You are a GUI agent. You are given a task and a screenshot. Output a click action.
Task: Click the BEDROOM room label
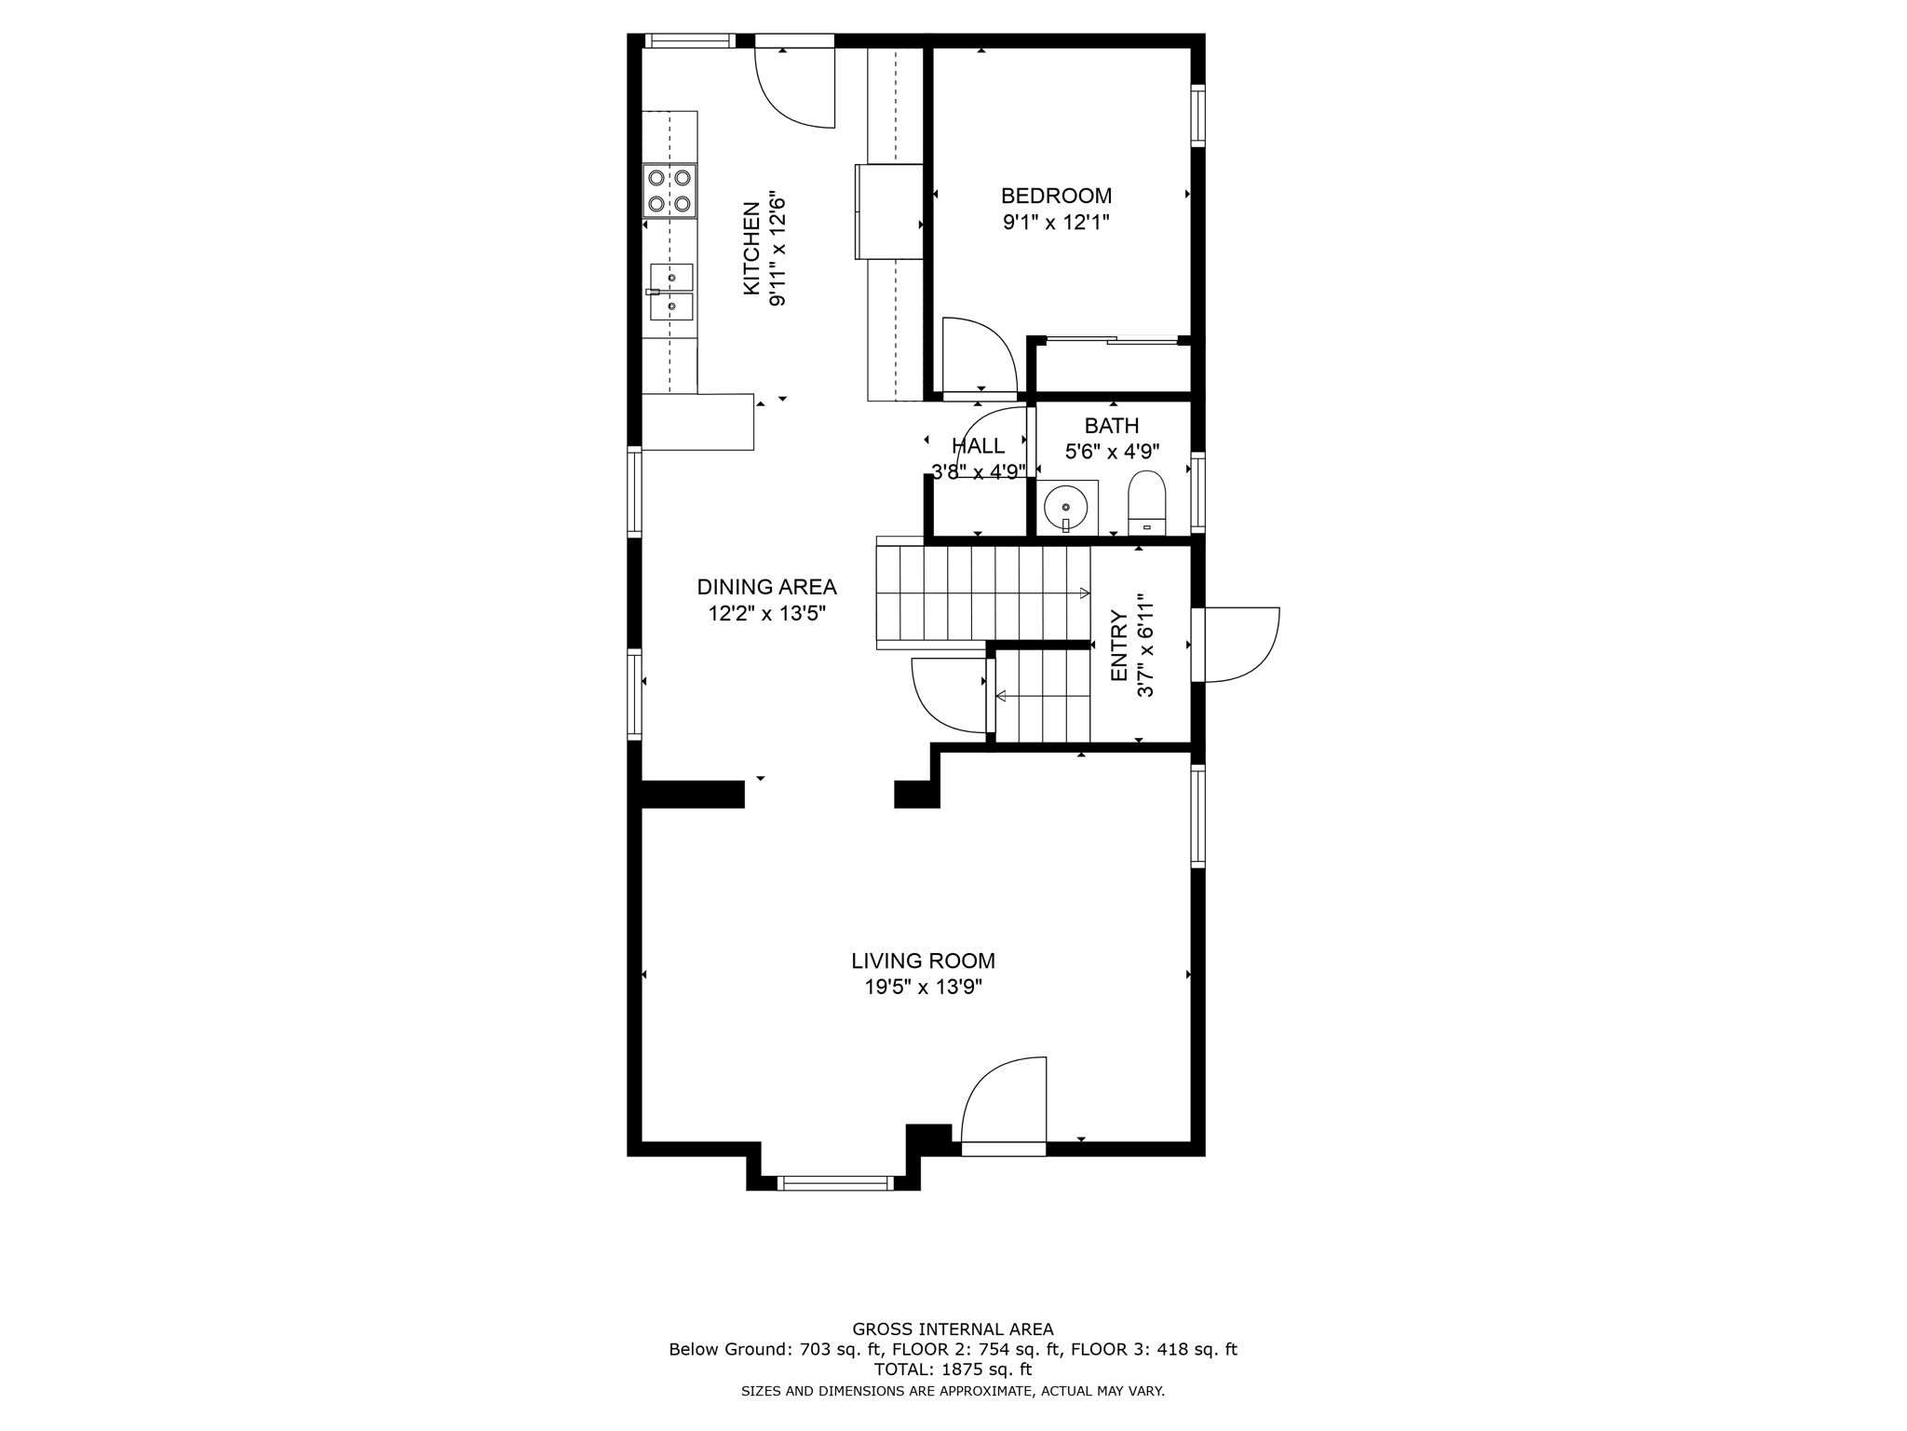1056,196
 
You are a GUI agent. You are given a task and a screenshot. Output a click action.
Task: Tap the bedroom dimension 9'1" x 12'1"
1056,223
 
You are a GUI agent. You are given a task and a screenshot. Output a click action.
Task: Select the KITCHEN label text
751,249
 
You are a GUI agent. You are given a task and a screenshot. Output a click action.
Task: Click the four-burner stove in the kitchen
669,190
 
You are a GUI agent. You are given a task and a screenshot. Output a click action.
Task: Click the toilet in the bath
1147,503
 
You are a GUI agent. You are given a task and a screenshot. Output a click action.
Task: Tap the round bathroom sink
1065,508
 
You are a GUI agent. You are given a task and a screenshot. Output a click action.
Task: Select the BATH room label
1112,426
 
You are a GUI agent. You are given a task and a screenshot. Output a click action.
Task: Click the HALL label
978,446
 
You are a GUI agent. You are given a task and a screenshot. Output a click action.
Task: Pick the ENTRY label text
1119,646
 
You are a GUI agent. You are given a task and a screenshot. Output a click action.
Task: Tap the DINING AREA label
766,587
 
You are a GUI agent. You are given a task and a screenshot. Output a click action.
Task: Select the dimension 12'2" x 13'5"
766,613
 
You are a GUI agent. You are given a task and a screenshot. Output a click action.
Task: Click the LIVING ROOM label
923,961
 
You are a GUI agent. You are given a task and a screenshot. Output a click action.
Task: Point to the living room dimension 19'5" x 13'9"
923,988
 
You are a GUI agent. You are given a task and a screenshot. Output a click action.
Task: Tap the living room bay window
833,1183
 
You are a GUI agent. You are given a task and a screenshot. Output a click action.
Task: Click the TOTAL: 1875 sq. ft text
953,1370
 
